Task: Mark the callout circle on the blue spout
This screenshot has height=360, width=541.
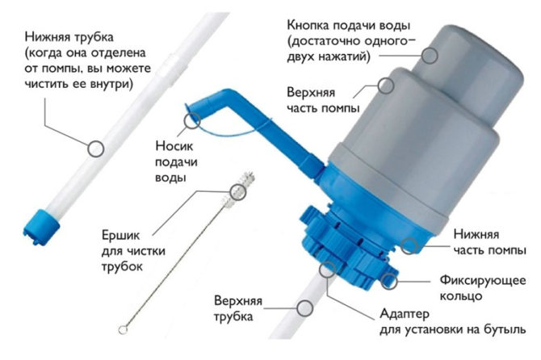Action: [x=192, y=120]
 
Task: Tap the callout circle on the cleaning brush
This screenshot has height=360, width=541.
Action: [x=237, y=191]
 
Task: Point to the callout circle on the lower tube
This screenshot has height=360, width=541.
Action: [x=96, y=148]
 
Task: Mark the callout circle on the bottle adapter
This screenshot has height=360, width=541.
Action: [x=326, y=269]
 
